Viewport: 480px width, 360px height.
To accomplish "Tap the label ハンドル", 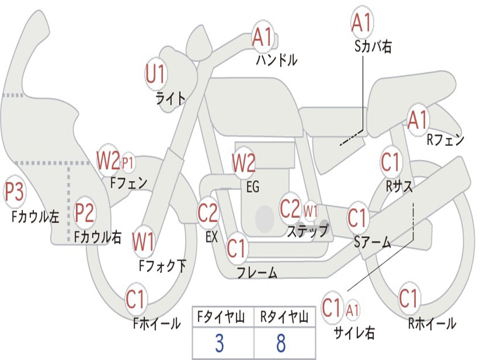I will point(277,60).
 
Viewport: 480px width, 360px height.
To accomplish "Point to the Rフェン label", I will point(445,140).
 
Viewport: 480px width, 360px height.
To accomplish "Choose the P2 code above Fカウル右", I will point(85,212).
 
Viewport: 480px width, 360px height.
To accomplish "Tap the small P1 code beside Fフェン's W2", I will point(128,163).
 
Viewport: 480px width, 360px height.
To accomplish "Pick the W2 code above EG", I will point(244,163).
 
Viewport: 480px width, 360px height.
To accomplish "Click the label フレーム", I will point(257,272).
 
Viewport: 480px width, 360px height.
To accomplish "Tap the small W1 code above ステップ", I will point(310,210).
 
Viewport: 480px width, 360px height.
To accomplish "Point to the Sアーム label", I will point(373,242).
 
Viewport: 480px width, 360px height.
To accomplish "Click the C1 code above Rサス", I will point(390,162).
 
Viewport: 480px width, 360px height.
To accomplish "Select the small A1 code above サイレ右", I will point(353,309).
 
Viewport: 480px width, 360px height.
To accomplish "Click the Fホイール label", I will point(157,323).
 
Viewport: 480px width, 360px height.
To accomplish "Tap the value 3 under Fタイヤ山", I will point(219,343).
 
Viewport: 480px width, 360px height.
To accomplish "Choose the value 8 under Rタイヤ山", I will point(281,343).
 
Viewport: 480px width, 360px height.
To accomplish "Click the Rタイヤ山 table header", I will point(284,318).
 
